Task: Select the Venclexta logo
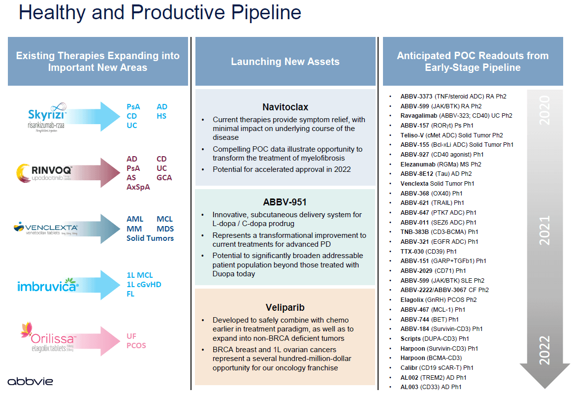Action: click(x=46, y=229)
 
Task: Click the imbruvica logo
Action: click(x=48, y=285)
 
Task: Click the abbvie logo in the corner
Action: click(x=31, y=381)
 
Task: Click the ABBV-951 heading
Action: click(x=286, y=202)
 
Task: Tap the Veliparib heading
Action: click(x=286, y=307)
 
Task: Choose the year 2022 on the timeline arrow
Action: click(x=544, y=350)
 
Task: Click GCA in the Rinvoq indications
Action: click(x=164, y=178)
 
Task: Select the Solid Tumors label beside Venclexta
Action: click(x=150, y=238)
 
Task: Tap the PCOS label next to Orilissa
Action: click(x=136, y=346)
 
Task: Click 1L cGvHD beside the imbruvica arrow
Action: click(x=144, y=285)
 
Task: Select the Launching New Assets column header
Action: click(x=285, y=62)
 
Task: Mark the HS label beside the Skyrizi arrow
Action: click(x=161, y=116)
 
